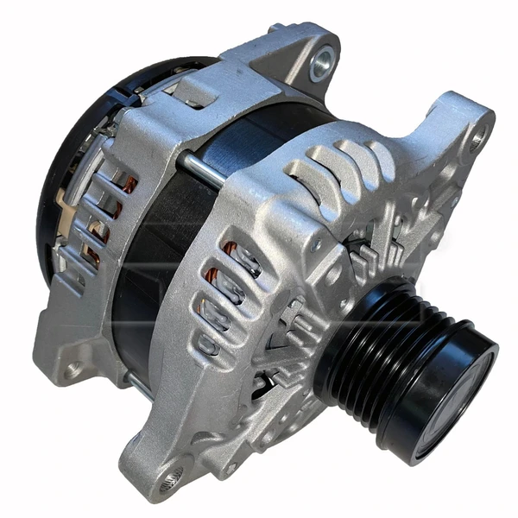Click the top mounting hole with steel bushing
click(x=321, y=63)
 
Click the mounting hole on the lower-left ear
click(x=73, y=370)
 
